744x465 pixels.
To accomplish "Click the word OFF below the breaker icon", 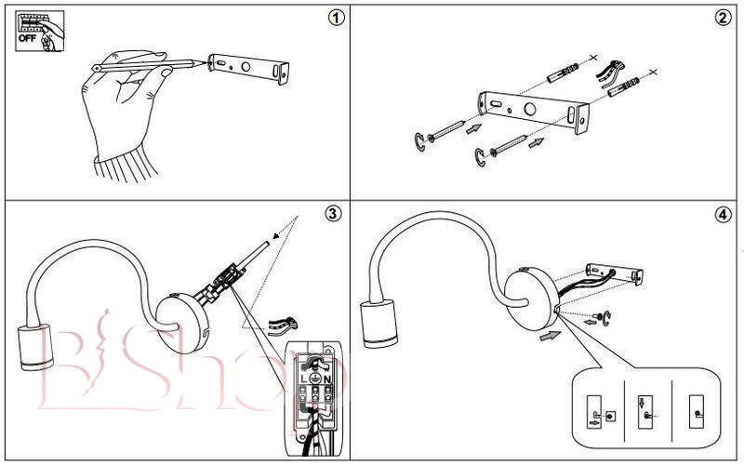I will [x=27, y=41].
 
